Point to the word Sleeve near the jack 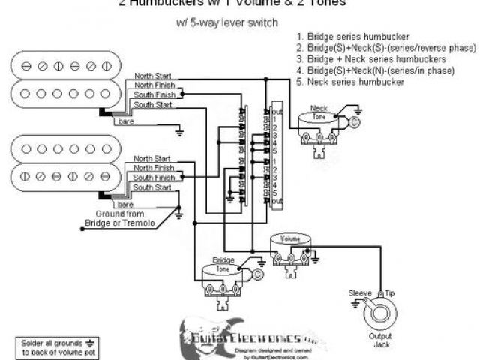click(x=361, y=292)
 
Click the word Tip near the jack click(x=390, y=292)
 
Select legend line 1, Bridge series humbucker click(x=352, y=37)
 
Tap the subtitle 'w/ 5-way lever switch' click(x=229, y=22)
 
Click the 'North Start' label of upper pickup click(x=153, y=76)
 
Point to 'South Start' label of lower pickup click(x=153, y=187)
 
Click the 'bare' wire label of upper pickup click(x=125, y=121)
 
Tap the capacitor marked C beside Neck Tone click(x=355, y=121)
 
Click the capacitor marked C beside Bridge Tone click(x=258, y=275)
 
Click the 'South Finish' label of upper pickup click(x=154, y=95)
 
